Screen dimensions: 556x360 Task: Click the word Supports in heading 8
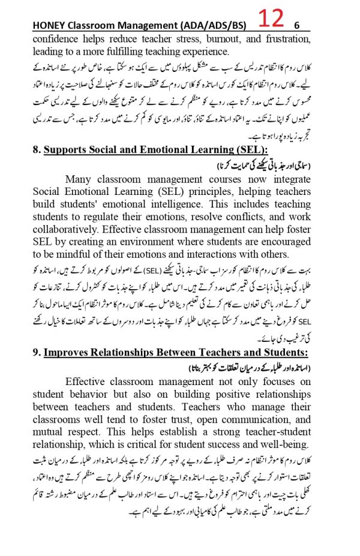[66, 151]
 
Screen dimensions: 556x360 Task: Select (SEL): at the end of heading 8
[247, 151]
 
